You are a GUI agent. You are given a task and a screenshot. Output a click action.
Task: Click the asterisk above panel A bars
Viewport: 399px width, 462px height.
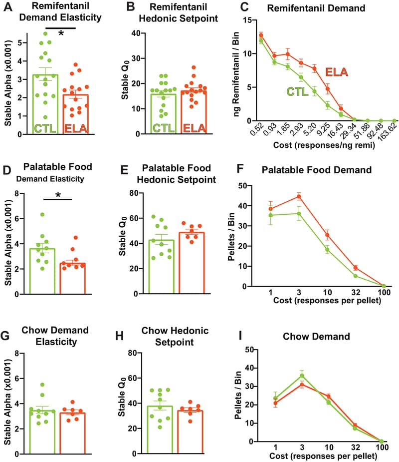click(x=61, y=33)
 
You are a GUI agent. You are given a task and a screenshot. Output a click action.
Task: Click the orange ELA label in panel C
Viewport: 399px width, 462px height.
click(x=337, y=73)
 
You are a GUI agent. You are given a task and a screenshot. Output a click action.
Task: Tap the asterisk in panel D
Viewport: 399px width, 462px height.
click(x=58, y=194)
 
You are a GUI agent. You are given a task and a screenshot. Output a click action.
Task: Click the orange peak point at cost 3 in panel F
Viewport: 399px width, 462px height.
click(x=299, y=196)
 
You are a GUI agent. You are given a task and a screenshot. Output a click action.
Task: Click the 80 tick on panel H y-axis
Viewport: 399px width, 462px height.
click(x=132, y=353)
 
